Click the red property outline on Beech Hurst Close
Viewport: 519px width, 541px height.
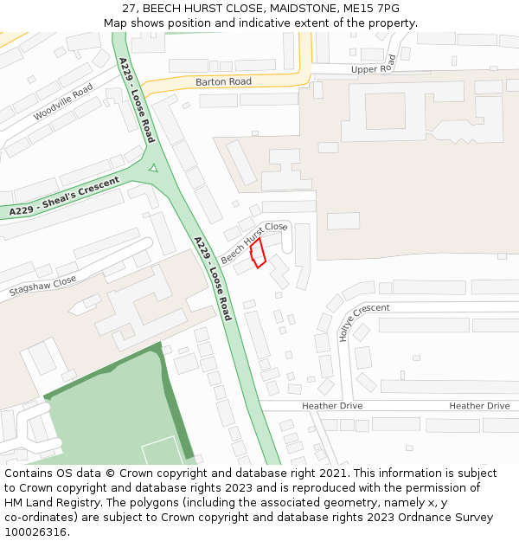(257, 254)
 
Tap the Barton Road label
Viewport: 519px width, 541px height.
(223, 81)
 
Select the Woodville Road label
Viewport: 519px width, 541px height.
(62, 103)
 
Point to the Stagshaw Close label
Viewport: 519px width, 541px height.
(42, 286)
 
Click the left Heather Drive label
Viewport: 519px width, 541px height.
(332, 406)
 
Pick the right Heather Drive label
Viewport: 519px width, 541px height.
(479, 406)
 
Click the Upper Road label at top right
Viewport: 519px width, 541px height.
(373, 66)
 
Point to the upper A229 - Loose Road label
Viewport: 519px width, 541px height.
(137, 100)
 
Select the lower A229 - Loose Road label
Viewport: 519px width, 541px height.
(213, 278)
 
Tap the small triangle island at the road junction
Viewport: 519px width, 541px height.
(153, 168)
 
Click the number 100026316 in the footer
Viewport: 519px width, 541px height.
(36, 531)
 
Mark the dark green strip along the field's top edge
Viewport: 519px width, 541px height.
(104, 370)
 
